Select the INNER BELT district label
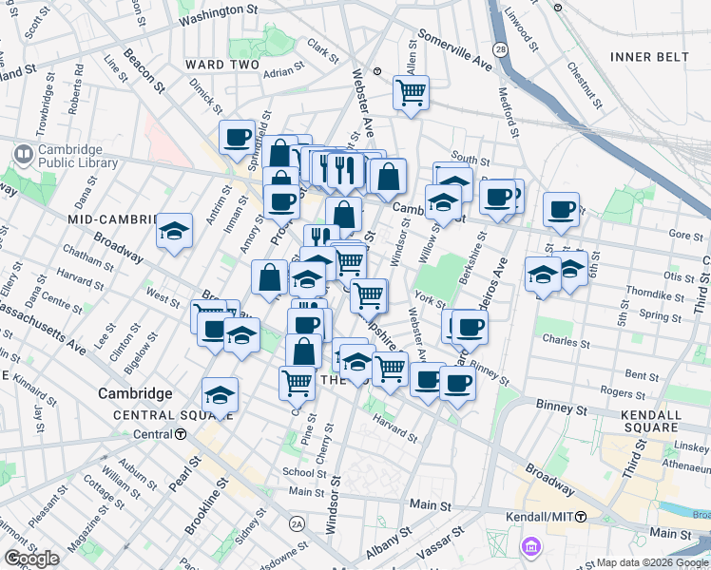[649, 57]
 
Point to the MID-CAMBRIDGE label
[112, 219]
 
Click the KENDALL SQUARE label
[663, 424]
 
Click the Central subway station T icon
[180, 434]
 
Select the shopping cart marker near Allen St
[411, 93]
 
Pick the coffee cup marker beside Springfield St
[238, 137]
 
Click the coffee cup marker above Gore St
[561, 209]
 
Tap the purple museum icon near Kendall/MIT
[529, 545]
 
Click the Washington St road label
[218, 16]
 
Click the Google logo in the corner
[32, 558]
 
